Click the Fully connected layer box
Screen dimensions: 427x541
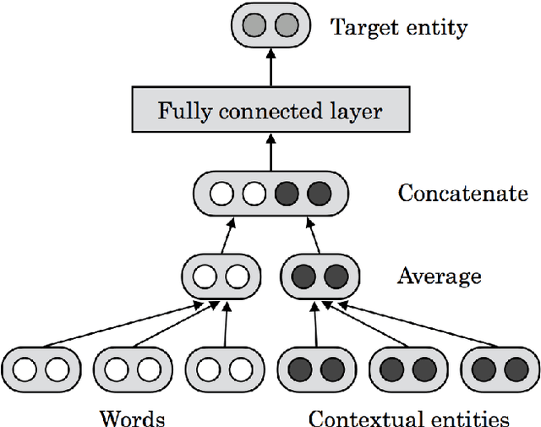270,111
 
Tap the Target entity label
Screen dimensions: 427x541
399,27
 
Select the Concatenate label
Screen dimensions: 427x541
462,194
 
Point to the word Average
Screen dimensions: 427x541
440,276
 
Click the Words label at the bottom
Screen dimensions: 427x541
132,418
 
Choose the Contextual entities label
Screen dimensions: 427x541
409,418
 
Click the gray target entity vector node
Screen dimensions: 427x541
270,27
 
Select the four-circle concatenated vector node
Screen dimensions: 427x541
270,194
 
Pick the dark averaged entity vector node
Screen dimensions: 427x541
320,276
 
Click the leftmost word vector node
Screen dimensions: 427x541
41,370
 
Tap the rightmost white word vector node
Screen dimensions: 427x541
225,370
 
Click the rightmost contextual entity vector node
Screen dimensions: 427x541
500,370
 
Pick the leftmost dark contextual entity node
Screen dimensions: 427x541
315,370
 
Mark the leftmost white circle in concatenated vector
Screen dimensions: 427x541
222,194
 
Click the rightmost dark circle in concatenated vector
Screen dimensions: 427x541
319,194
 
